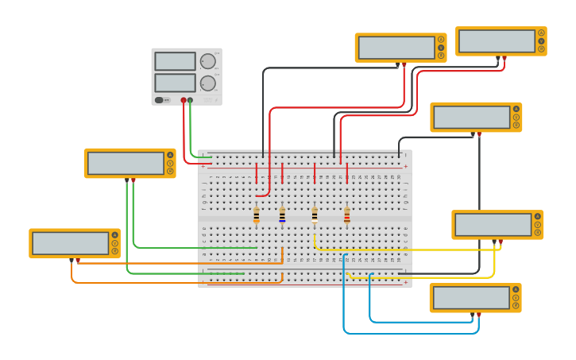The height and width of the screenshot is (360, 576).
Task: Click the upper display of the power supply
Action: click(x=175, y=61)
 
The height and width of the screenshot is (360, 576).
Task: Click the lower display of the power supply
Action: click(x=175, y=83)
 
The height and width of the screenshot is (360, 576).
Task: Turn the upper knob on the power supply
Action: click(x=208, y=61)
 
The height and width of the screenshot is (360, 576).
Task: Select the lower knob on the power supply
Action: click(x=208, y=83)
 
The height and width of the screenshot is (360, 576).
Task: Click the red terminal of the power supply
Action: click(x=184, y=100)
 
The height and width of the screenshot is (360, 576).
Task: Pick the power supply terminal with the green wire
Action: click(x=190, y=100)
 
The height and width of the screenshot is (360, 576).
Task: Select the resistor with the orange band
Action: click(x=257, y=215)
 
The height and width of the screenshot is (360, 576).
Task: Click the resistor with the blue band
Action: click(x=282, y=215)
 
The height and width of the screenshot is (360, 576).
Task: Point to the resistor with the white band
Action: click(x=315, y=215)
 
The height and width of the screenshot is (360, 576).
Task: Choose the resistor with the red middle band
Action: click(x=346, y=215)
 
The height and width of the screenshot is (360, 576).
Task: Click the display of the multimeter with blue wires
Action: click(x=471, y=297)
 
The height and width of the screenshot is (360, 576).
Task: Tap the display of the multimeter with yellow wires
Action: click(x=493, y=224)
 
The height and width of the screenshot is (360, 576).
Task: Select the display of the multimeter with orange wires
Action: click(x=70, y=243)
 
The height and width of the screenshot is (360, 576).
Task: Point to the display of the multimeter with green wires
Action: click(x=126, y=163)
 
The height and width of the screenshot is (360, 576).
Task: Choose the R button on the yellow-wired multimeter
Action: click(x=538, y=233)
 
